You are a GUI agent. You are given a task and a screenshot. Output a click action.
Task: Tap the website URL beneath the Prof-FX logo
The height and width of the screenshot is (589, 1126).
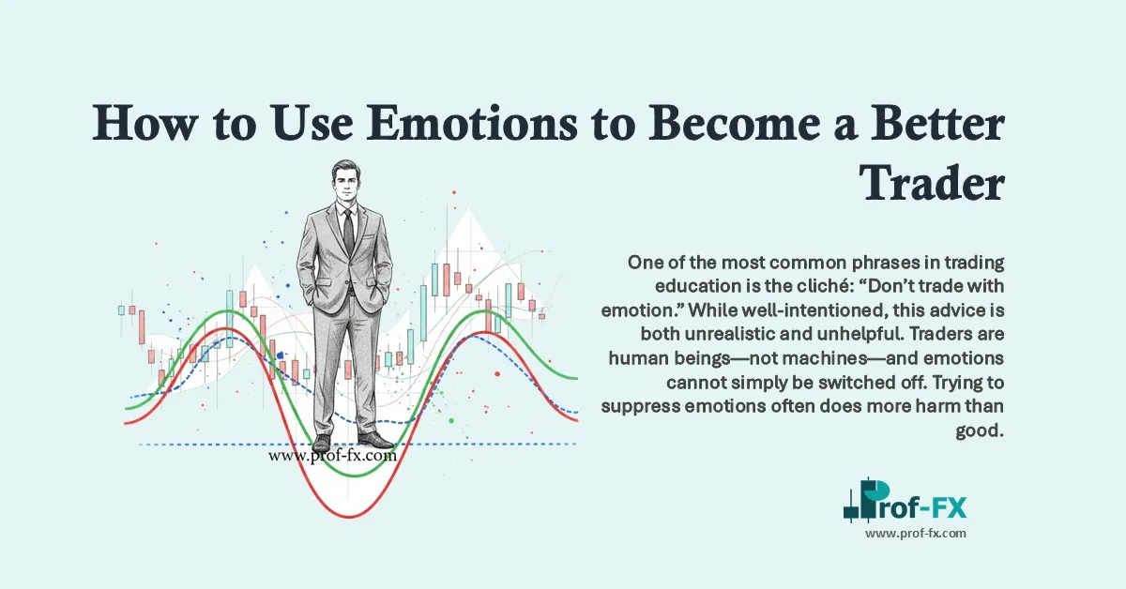point(915,533)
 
